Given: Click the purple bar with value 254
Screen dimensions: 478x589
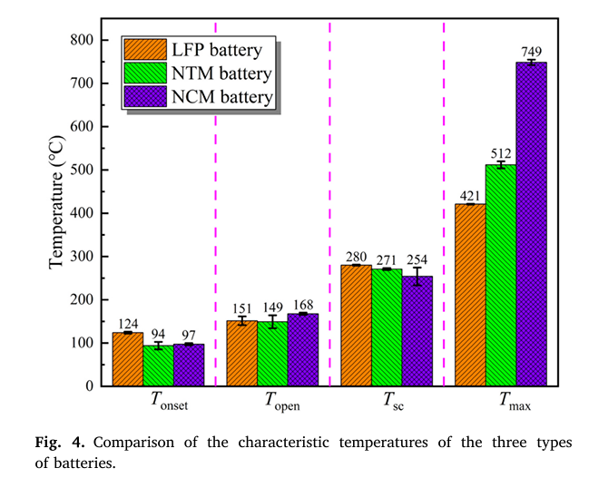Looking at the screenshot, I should pyautogui.click(x=417, y=331).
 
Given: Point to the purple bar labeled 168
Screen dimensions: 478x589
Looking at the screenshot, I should pyautogui.click(x=303, y=350).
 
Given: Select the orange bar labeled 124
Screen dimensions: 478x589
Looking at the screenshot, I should pyautogui.click(x=127, y=359).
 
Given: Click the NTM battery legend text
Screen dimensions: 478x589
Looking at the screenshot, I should pyautogui.click(x=221, y=72).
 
